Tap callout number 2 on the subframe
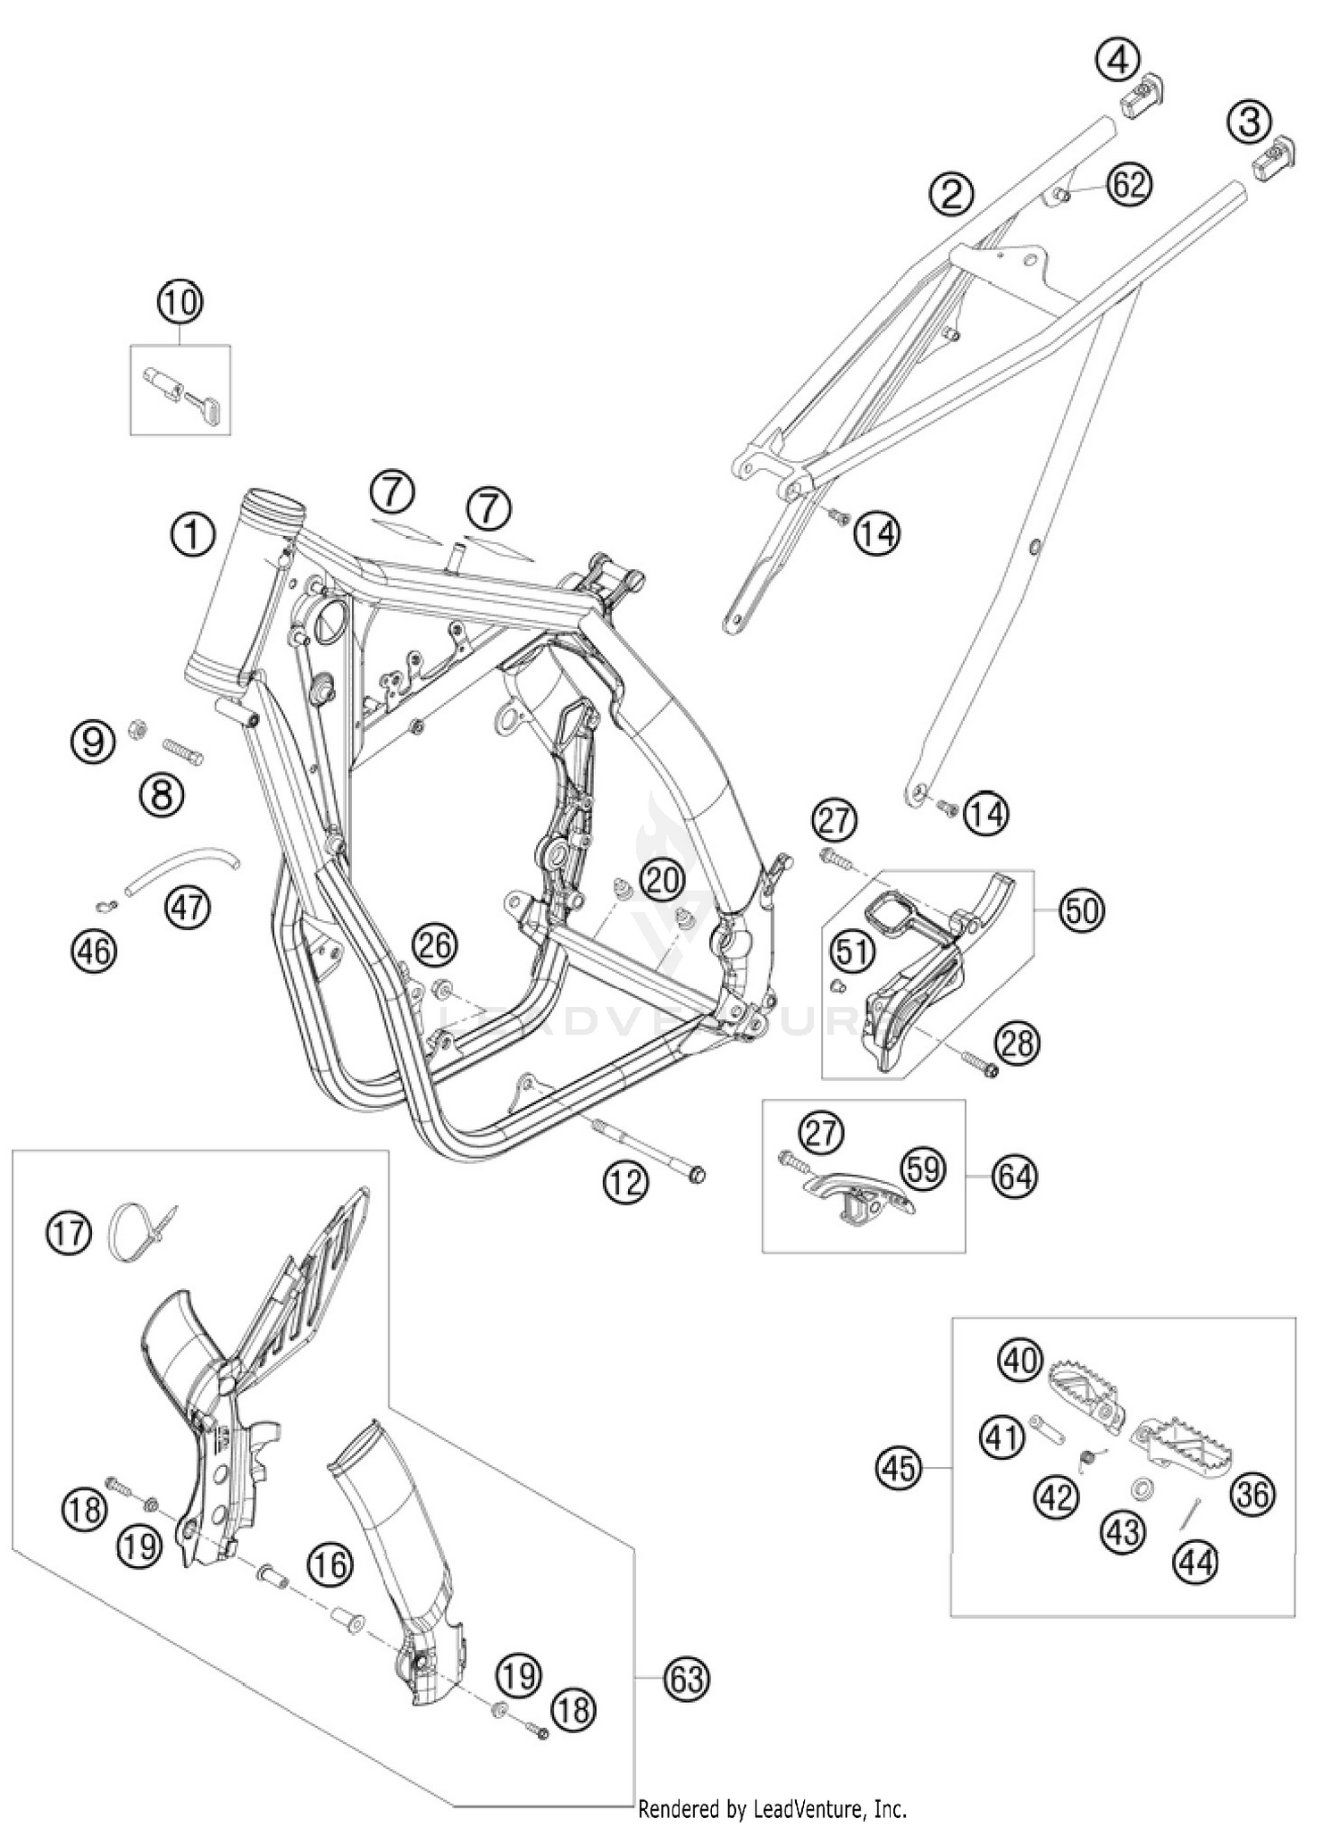click(951, 194)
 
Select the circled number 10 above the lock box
click(180, 302)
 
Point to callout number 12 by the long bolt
click(625, 1182)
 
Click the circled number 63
click(686, 1679)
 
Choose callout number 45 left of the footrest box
click(899, 1467)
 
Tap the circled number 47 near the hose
click(188, 907)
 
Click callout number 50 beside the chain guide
click(1082, 911)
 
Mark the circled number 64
click(1015, 1176)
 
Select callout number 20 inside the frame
click(663, 881)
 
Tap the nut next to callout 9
click(139, 724)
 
